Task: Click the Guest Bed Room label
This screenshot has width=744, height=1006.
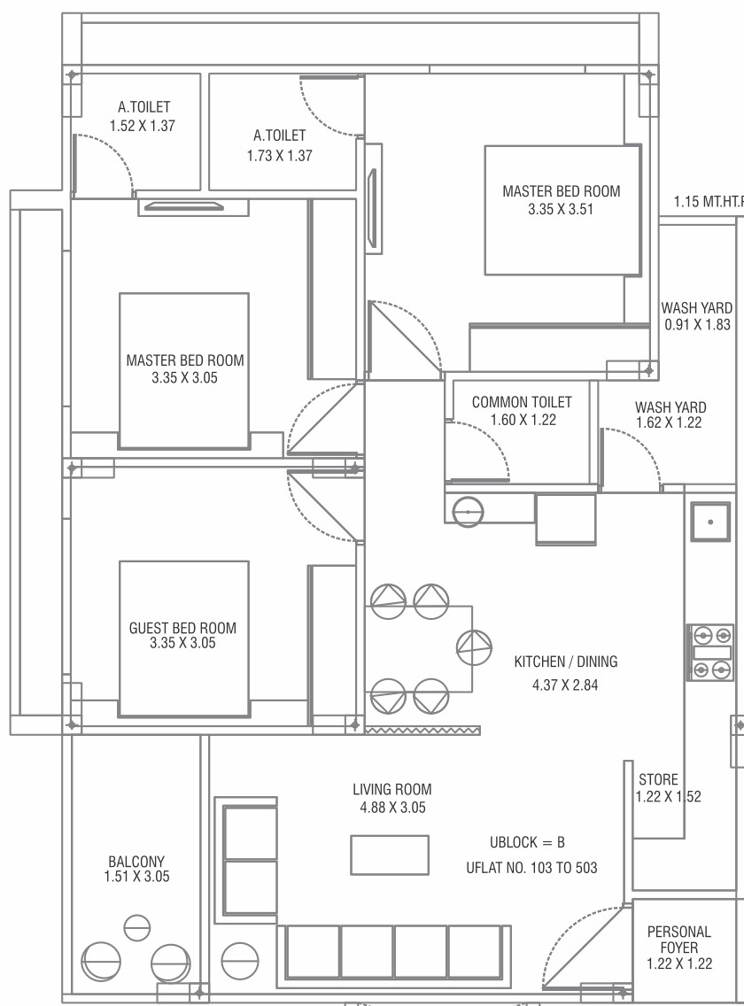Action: pyautogui.click(x=183, y=628)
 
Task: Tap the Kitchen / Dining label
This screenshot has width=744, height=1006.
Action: pyautogui.click(x=566, y=662)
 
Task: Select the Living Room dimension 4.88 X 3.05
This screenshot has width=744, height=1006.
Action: pyautogui.click(x=392, y=808)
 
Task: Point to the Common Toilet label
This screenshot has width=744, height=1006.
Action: pyautogui.click(x=522, y=402)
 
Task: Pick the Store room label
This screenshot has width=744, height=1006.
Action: pyautogui.click(x=658, y=780)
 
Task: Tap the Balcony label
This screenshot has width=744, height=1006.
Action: pyautogui.click(x=136, y=861)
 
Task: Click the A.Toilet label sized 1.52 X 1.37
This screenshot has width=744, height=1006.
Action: pyautogui.click(x=143, y=107)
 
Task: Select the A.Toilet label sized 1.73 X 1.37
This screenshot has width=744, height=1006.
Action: pyautogui.click(x=279, y=135)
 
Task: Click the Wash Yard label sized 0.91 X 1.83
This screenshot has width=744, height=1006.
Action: pyautogui.click(x=697, y=308)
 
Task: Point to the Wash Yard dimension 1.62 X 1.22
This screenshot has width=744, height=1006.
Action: pyautogui.click(x=669, y=423)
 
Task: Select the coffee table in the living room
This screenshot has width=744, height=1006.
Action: pyautogui.click(x=390, y=855)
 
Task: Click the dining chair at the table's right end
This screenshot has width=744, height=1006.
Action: pyautogui.click(x=473, y=646)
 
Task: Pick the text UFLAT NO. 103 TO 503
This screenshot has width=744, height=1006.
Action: pyautogui.click(x=531, y=868)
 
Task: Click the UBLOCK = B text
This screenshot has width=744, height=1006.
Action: pyautogui.click(x=527, y=842)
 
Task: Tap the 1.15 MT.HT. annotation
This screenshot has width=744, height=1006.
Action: pyautogui.click(x=707, y=202)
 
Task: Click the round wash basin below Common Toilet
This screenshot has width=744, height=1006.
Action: pyautogui.click(x=467, y=511)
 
